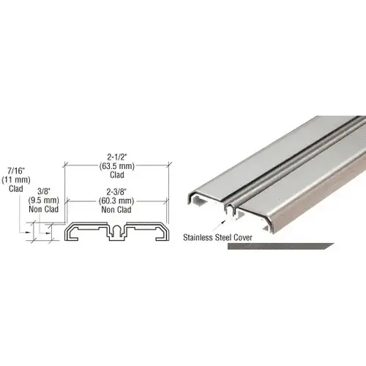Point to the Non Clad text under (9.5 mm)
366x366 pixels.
[43, 207]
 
